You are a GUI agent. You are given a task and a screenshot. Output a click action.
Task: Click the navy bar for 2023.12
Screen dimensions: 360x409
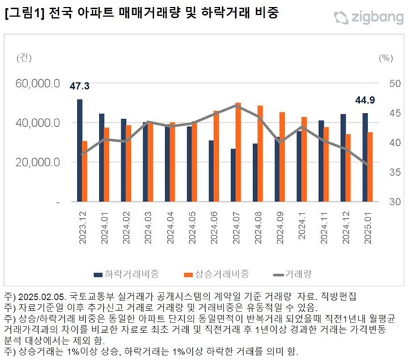tap(80, 151)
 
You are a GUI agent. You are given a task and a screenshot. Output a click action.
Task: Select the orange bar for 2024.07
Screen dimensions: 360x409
tap(239, 153)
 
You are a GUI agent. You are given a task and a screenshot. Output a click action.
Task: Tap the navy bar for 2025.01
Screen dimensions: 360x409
tap(365, 157)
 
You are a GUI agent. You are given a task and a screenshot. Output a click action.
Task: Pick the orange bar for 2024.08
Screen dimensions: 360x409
tap(260, 154)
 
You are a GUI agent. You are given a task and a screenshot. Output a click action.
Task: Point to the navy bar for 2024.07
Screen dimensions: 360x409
tap(232, 175)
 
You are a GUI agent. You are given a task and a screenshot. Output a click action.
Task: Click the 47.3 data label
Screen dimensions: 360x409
tap(80, 87)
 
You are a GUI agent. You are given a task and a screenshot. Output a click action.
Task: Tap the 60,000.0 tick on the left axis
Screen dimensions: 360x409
tap(42, 83)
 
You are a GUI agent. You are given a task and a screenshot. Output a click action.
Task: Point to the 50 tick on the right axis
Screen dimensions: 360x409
tap(394, 83)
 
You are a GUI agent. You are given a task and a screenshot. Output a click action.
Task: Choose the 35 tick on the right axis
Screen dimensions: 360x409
tap(394, 172)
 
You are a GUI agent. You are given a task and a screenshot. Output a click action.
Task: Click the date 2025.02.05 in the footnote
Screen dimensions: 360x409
tap(39, 297)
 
